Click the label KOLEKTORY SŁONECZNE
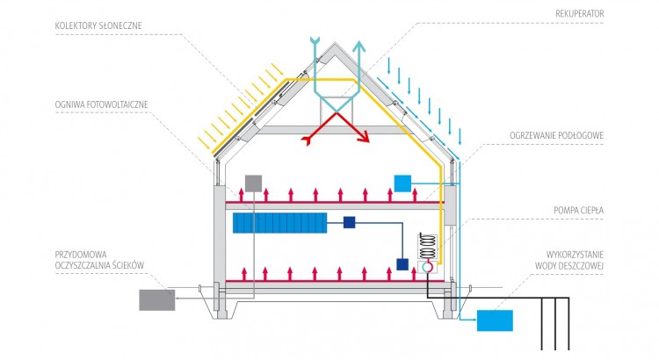pos(98,25)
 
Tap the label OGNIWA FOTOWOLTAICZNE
pos(101,104)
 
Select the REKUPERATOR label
pos(580,14)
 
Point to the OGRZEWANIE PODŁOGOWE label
pos(556,136)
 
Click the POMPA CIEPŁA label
pos(579,211)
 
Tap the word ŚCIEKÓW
pos(127,265)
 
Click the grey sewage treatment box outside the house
pos(157,300)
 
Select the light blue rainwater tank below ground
pos(495,320)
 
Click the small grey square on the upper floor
pos(253,184)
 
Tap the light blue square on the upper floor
pos(402,184)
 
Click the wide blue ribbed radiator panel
pos(280,223)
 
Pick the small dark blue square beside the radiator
pos(349,223)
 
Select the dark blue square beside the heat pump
pos(402,264)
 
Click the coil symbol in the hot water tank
pos(427,246)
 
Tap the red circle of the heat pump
pos(427,267)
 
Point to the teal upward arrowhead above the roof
pos(359,46)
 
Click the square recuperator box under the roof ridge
pos(337,110)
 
